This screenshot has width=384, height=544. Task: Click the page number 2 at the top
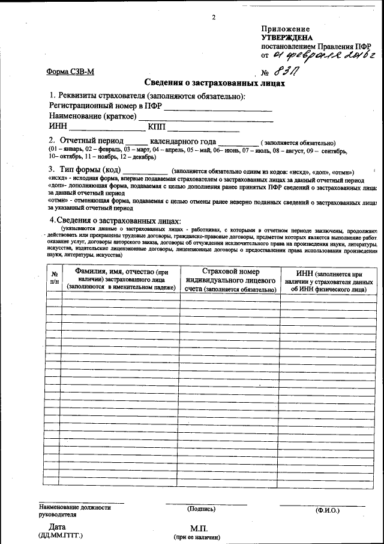click(x=213, y=17)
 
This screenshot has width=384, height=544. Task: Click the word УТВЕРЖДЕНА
click(x=287, y=37)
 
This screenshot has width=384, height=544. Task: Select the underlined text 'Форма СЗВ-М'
click(x=70, y=72)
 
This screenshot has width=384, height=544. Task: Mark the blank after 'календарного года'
click(x=238, y=141)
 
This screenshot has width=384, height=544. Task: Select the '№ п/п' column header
click(x=54, y=277)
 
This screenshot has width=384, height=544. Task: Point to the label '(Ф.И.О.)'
click(x=327, y=510)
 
